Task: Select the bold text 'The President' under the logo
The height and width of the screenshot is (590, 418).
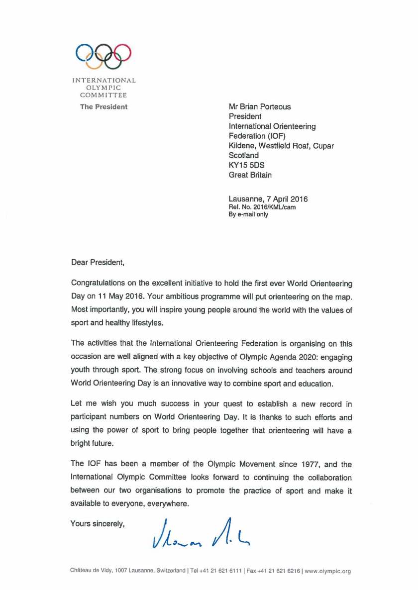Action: tap(104, 106)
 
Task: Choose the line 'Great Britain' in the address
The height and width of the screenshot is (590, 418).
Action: tap(250, 175)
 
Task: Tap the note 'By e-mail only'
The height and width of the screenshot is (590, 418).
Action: tap(248, 214)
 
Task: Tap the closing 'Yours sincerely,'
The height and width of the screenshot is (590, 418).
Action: tap(97, 523)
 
